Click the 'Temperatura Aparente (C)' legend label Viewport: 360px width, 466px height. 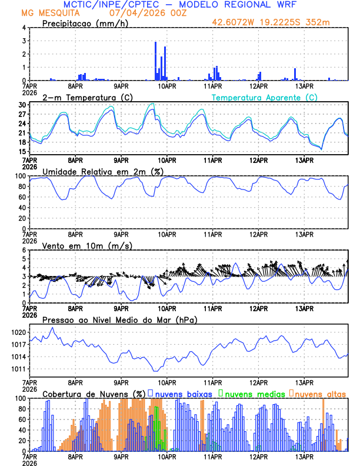pos(264,97)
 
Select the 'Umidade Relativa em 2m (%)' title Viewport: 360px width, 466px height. pos(103,171)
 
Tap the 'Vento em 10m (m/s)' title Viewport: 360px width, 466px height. pos(87,245)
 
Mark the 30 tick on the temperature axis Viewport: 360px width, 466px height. pos(22,105)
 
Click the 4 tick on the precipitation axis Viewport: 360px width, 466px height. pos(24,28)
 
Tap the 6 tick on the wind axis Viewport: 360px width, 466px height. pos(24,250)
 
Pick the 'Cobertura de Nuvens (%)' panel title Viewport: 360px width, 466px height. pos(94,394)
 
